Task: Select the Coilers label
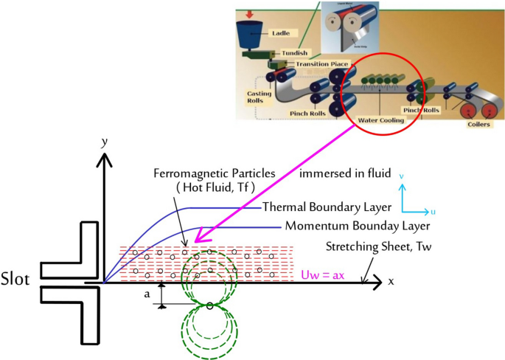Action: coord(478,124)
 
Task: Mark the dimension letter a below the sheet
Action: coord(147,293)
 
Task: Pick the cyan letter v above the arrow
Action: coord(400,177)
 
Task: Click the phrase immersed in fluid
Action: coord(338,173)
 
